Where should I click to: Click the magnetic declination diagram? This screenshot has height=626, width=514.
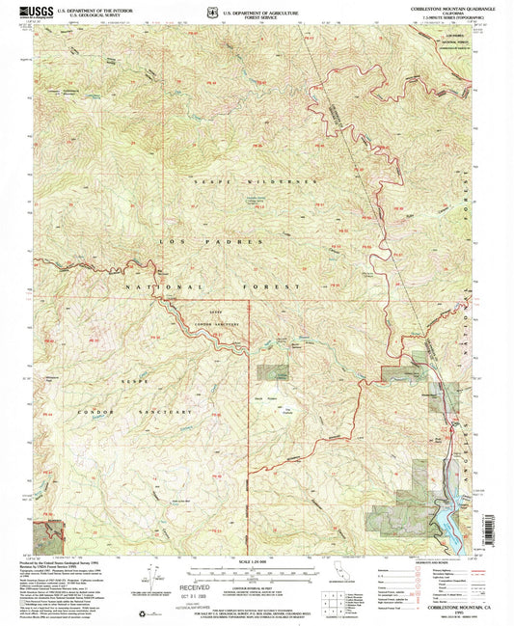click(145, 579)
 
